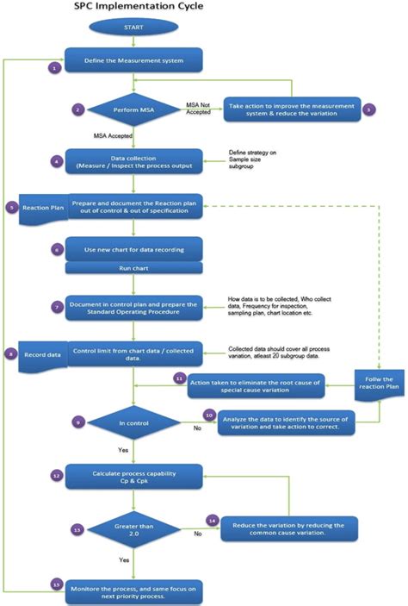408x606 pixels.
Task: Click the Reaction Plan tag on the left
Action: tap(40, 208)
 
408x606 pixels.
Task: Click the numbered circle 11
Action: tap(179, 378)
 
